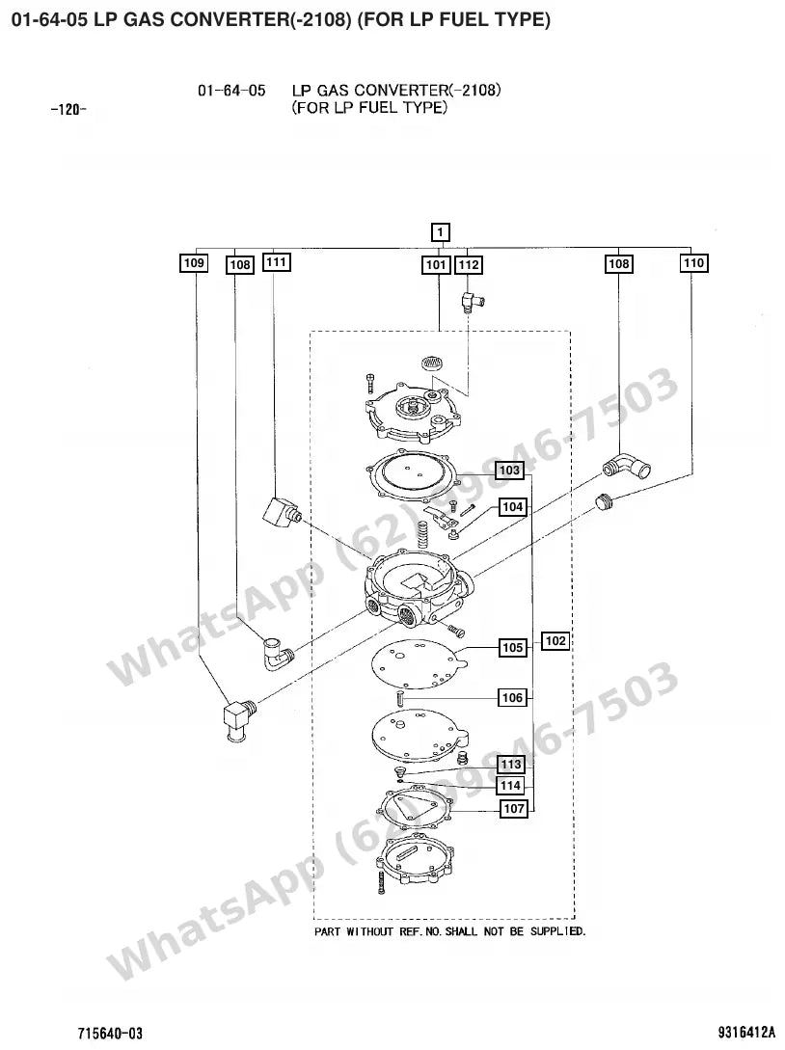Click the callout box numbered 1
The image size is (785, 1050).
(440, 232)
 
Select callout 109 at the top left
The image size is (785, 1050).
(194, 262)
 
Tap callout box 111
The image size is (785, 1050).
(277, 262)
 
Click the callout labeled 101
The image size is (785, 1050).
(436, 265)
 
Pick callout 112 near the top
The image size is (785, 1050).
(469, 265)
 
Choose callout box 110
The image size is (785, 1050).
(694, 262)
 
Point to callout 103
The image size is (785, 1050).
(510, 471)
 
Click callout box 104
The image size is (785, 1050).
(512, 507)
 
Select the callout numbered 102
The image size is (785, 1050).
(555, 641)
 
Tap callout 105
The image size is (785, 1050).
(512, 648)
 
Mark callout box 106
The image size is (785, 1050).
(512, 698)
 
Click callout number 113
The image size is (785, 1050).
(511, 764)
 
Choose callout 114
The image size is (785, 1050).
(511, 786)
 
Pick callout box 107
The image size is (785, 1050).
(514, 808)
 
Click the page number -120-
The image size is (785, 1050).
(69, 110)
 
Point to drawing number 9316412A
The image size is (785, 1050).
(746, 1032)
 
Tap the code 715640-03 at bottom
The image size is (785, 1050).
(111, 1034)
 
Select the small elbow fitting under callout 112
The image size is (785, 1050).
(472, 300)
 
